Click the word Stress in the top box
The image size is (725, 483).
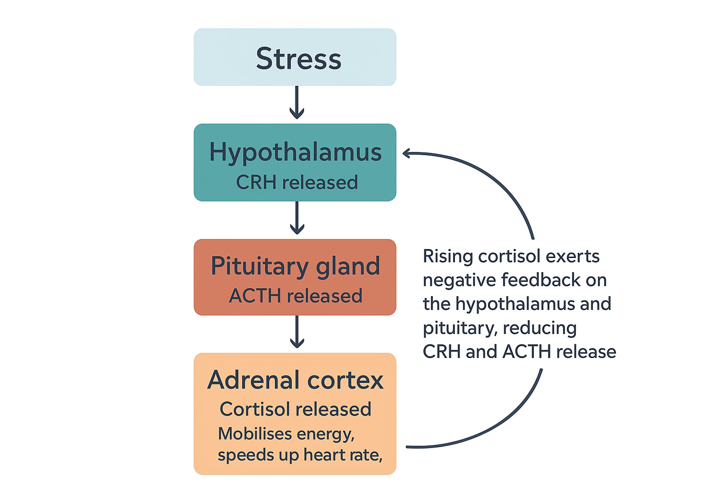pos(298,58)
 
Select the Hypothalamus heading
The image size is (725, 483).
pos(295,152)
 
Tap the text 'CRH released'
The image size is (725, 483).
pos(296,182)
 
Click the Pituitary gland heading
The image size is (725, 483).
pos(295,266)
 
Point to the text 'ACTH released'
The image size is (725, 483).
pos(295,296)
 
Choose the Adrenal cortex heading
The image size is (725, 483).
pos(295,380)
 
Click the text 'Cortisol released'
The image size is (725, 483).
pos(295,409)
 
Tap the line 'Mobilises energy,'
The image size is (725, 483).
pos(286,433)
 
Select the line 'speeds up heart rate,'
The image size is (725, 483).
pos(300,455)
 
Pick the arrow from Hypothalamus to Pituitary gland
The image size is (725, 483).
pos(297,218)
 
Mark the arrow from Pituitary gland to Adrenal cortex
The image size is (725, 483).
pos(297,332)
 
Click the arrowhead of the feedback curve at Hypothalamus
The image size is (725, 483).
pos(407,152)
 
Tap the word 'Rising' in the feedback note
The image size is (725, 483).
pos(447,256)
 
